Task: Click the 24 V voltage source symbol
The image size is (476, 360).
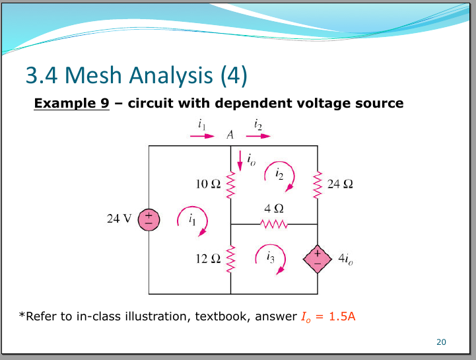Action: tap(149, 220)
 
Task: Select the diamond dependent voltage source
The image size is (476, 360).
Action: tap(318, 259)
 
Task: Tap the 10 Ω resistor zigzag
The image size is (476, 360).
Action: tap(230, 185)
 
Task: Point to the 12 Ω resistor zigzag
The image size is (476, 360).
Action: tap(230, 259)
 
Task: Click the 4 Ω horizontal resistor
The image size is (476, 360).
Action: tap(274, 224)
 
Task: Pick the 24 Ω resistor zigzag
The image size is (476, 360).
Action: tap(318, 185)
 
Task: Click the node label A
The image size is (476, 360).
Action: tap(230, 134)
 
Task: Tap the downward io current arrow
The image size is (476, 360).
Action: tap(240, 161)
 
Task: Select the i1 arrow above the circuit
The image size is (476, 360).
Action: tap(202, 136)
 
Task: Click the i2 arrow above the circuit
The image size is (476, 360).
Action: tap(258, 136)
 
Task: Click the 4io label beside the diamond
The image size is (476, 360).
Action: tap(346, 259)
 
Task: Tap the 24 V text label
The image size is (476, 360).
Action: tap(119, 219)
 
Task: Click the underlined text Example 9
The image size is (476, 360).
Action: tap(72, 103)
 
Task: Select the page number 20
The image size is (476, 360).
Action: tap(442, 342)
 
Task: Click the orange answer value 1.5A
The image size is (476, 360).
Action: tap(342, 316)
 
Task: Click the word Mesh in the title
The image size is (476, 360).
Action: tap(93, 75)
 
